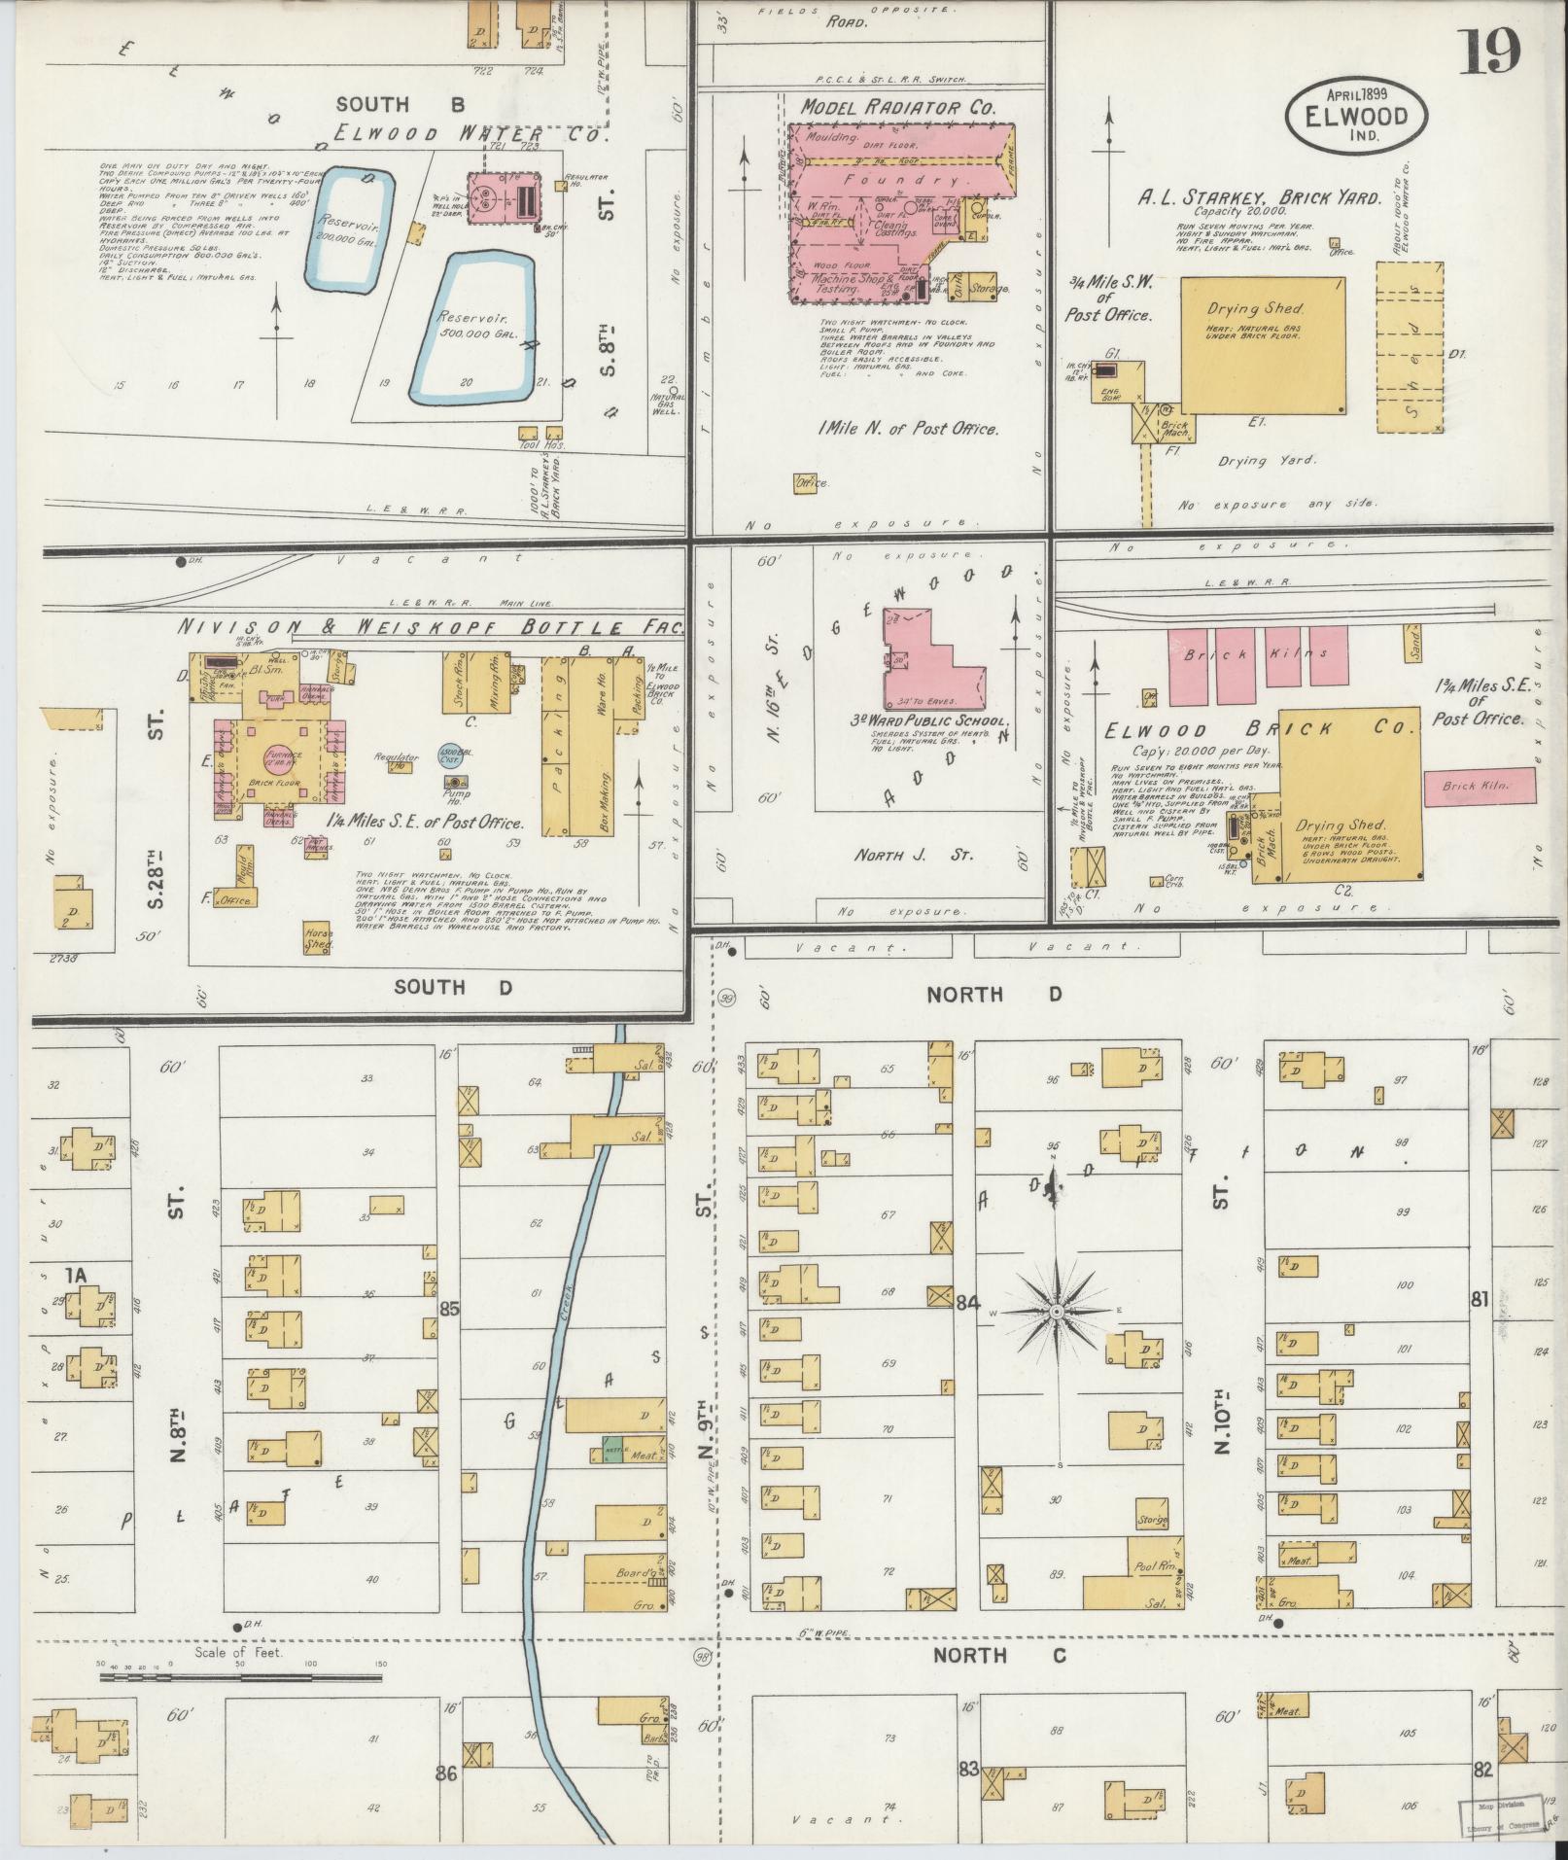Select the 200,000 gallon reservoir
pyautogui.click(x=348, y=230)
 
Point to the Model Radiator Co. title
pyautogui.click(x=897, y=108)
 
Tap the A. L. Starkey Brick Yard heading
pyautogui.click(x=1259, y=197)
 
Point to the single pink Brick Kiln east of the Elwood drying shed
pyautogui.click(x=1480, y=786)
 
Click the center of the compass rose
pyautogui.click(x=1056, y=1312)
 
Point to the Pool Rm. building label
pyautogui.click(x=1155, y=1567)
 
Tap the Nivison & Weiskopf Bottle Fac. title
pyautogui.click(x=428, y=627)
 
